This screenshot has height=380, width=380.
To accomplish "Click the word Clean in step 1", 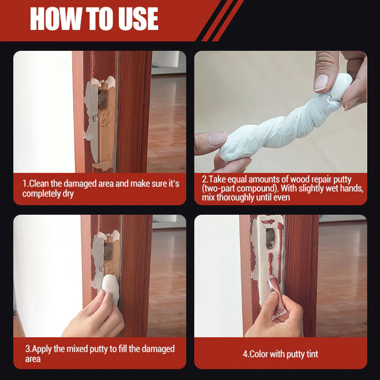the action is point(38,183).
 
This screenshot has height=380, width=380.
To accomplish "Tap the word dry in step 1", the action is point(68,194).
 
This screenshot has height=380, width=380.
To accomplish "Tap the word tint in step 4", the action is point(312,354).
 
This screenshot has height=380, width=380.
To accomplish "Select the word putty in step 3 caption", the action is point(100,349).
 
